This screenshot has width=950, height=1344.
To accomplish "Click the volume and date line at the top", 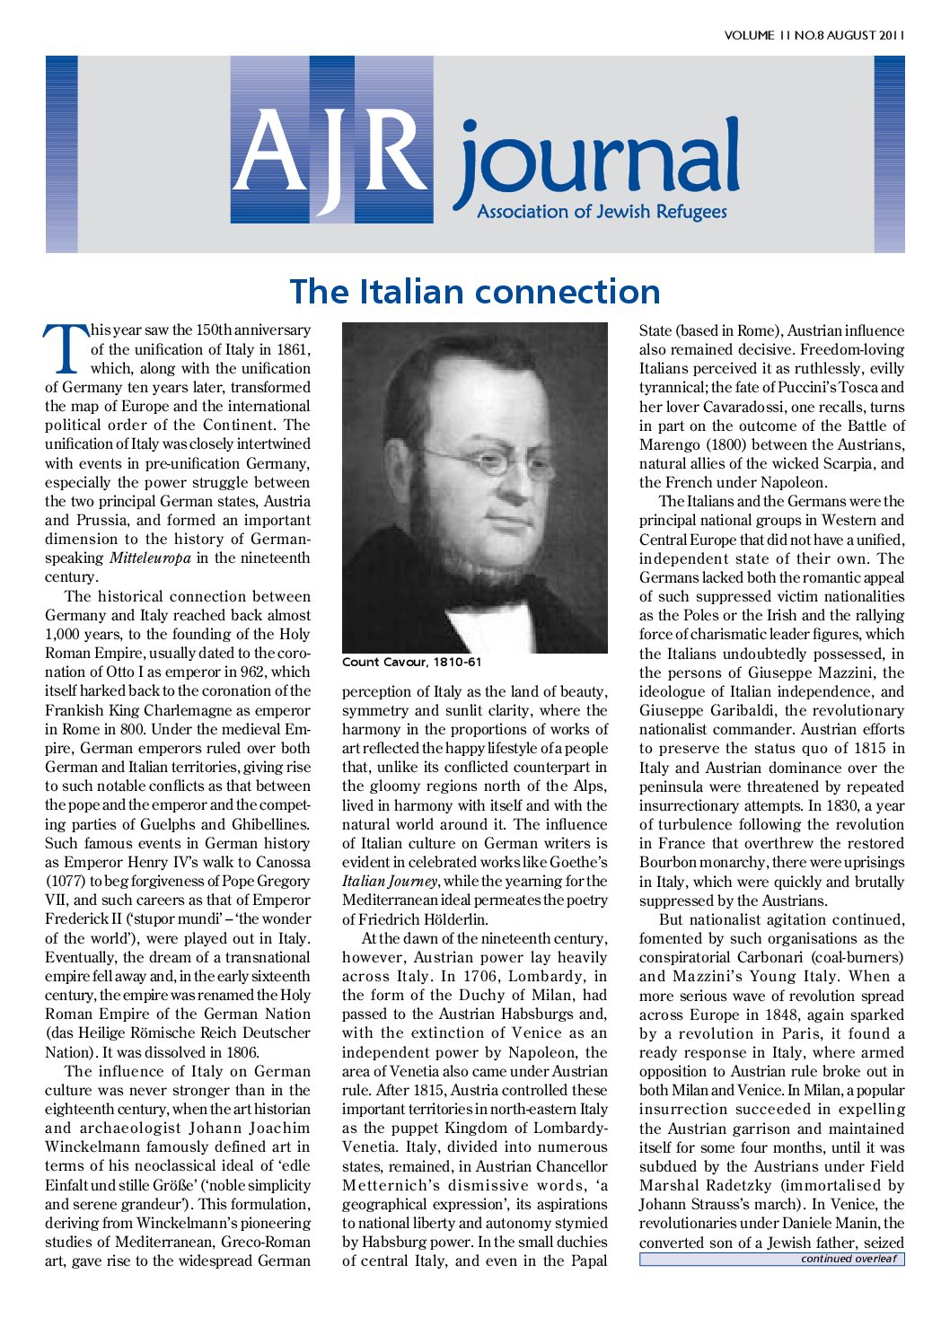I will click(x=814, y=35).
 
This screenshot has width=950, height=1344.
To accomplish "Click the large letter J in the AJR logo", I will click(x=331, y=153).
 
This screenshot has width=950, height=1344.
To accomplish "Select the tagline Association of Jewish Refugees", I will click(x=602, y=213).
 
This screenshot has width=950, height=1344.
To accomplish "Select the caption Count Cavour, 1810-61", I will click(x=412, y=663).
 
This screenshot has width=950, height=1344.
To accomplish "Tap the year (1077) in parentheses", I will click(x=64, y=882).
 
